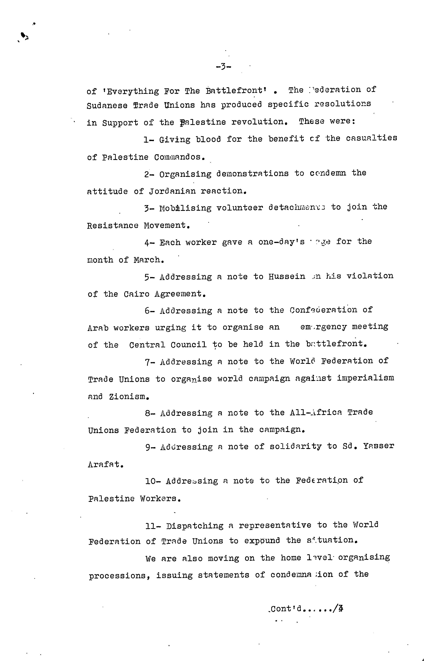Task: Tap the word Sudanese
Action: click(107, 106)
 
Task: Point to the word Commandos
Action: click(180, 157)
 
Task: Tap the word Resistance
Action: click(113, 226)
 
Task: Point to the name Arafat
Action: click(105, 465)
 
